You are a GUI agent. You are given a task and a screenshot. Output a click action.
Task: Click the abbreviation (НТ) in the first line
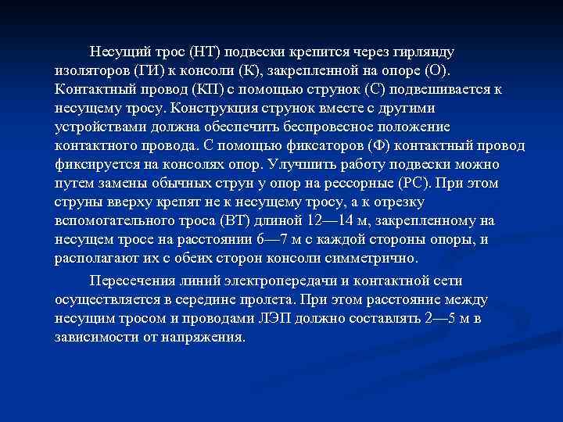202,52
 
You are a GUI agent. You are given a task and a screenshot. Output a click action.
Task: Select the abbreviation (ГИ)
141,70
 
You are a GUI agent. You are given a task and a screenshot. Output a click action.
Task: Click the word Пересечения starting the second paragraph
130,281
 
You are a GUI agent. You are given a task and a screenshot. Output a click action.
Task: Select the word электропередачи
281,281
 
